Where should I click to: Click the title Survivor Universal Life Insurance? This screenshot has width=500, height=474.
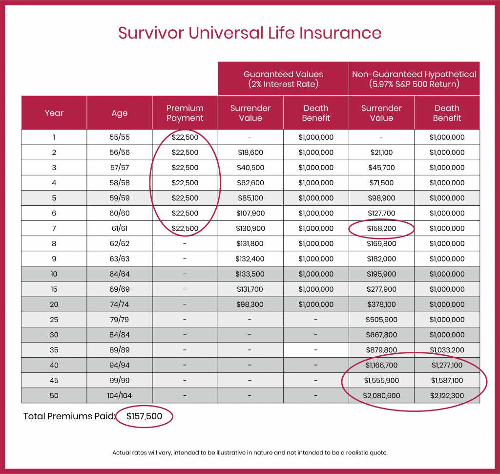click(250, 33)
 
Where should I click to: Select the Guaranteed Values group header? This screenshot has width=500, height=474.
click(283, 79)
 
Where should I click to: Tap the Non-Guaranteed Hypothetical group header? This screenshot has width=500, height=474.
click(414, 79)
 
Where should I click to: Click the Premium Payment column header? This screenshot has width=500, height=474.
click(185, 113)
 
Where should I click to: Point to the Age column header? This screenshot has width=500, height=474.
click(120, 113)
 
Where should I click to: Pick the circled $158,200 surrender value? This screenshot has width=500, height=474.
click(381, 228)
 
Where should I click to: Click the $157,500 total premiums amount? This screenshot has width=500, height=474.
click(144, 416)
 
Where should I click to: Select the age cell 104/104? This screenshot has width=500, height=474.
click(120, 395)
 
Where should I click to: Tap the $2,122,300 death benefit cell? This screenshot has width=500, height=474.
click(447, 395)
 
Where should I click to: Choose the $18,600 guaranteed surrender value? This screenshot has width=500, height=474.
click(250, 152)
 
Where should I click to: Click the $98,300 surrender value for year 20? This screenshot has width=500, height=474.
click(250, 304)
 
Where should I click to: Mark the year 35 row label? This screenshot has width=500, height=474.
click(54, 350)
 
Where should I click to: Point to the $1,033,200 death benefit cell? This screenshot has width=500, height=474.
click(447, 350)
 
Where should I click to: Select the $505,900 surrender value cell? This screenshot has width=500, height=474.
click(381, 320)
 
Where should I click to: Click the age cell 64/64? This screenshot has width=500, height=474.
click(120, 274)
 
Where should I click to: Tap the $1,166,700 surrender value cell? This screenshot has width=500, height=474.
click(381, 365)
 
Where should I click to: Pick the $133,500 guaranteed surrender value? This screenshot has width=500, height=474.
click(250, 274)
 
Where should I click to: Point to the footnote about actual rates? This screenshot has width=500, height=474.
click(250, 452)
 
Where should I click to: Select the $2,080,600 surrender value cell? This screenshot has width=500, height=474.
click(381, 395)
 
